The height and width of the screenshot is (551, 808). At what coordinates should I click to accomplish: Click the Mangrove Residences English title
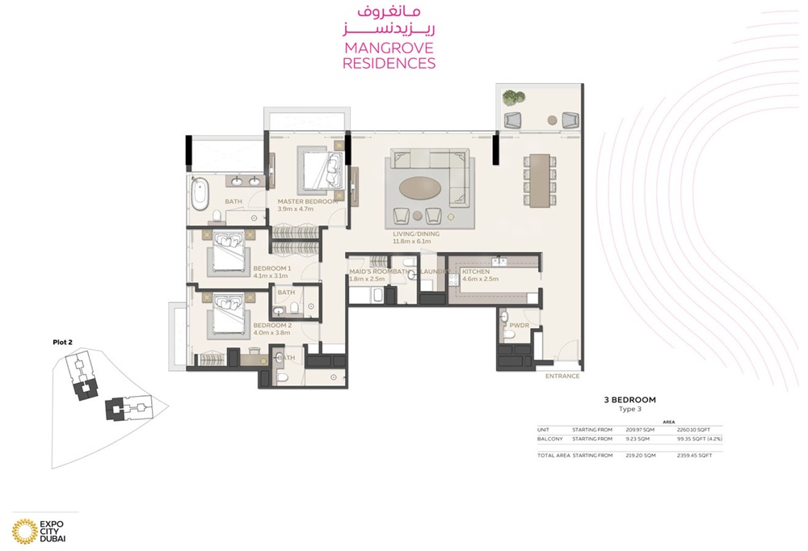(x=389, y=56)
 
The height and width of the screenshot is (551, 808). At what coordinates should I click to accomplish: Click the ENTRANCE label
(x=562, y=376)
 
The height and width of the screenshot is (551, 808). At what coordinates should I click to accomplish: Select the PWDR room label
(x=518, y=326)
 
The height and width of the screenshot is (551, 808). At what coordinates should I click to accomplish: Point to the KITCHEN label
(x=475, y=272)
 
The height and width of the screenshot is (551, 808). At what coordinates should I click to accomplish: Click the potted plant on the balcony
(x=509, y=99)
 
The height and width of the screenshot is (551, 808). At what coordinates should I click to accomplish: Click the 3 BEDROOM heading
(x=629, y=399)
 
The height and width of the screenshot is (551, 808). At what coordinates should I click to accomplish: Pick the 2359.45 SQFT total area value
(x=694, y=456)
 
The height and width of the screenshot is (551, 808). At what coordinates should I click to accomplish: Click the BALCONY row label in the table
(x=549, y=438)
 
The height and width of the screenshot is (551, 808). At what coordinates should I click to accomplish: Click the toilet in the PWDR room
(x=505, y=315)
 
